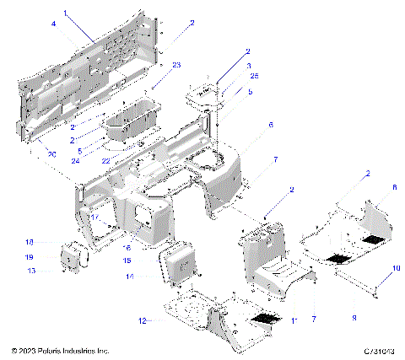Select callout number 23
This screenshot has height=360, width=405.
tap(176, 65)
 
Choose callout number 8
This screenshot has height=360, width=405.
tap(370, 187)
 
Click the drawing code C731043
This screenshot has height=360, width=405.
tap(376, 349)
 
